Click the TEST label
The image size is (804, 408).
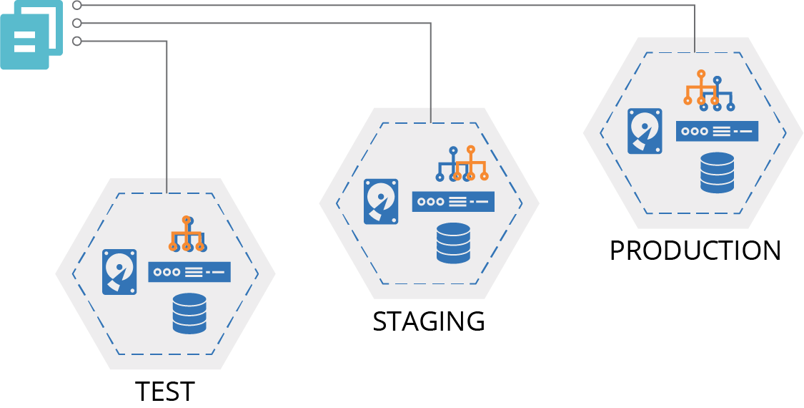coord(165,392)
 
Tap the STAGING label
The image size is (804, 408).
coord(429,321)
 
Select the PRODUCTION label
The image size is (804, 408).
coord(695,251)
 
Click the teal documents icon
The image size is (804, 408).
coord(31,35)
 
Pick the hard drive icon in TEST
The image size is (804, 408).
coord(119,272)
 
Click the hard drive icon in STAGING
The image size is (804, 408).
coord(381,202)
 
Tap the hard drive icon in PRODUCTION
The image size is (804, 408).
coord(645,131)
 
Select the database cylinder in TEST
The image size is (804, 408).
coord(189,314)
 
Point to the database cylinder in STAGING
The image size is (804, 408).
coord(453,243)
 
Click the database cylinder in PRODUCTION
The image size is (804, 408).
coord(718,173)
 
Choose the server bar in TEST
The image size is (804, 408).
coord(189,272)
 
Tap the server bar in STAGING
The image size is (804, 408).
coord(453,202)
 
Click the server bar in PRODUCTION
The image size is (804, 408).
coord(717,131)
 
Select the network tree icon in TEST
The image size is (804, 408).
coord(187,234)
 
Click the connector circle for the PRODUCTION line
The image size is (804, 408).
coord(76,5)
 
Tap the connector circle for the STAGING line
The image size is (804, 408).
coord(76,23)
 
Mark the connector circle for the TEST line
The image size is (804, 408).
coord(76,41)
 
